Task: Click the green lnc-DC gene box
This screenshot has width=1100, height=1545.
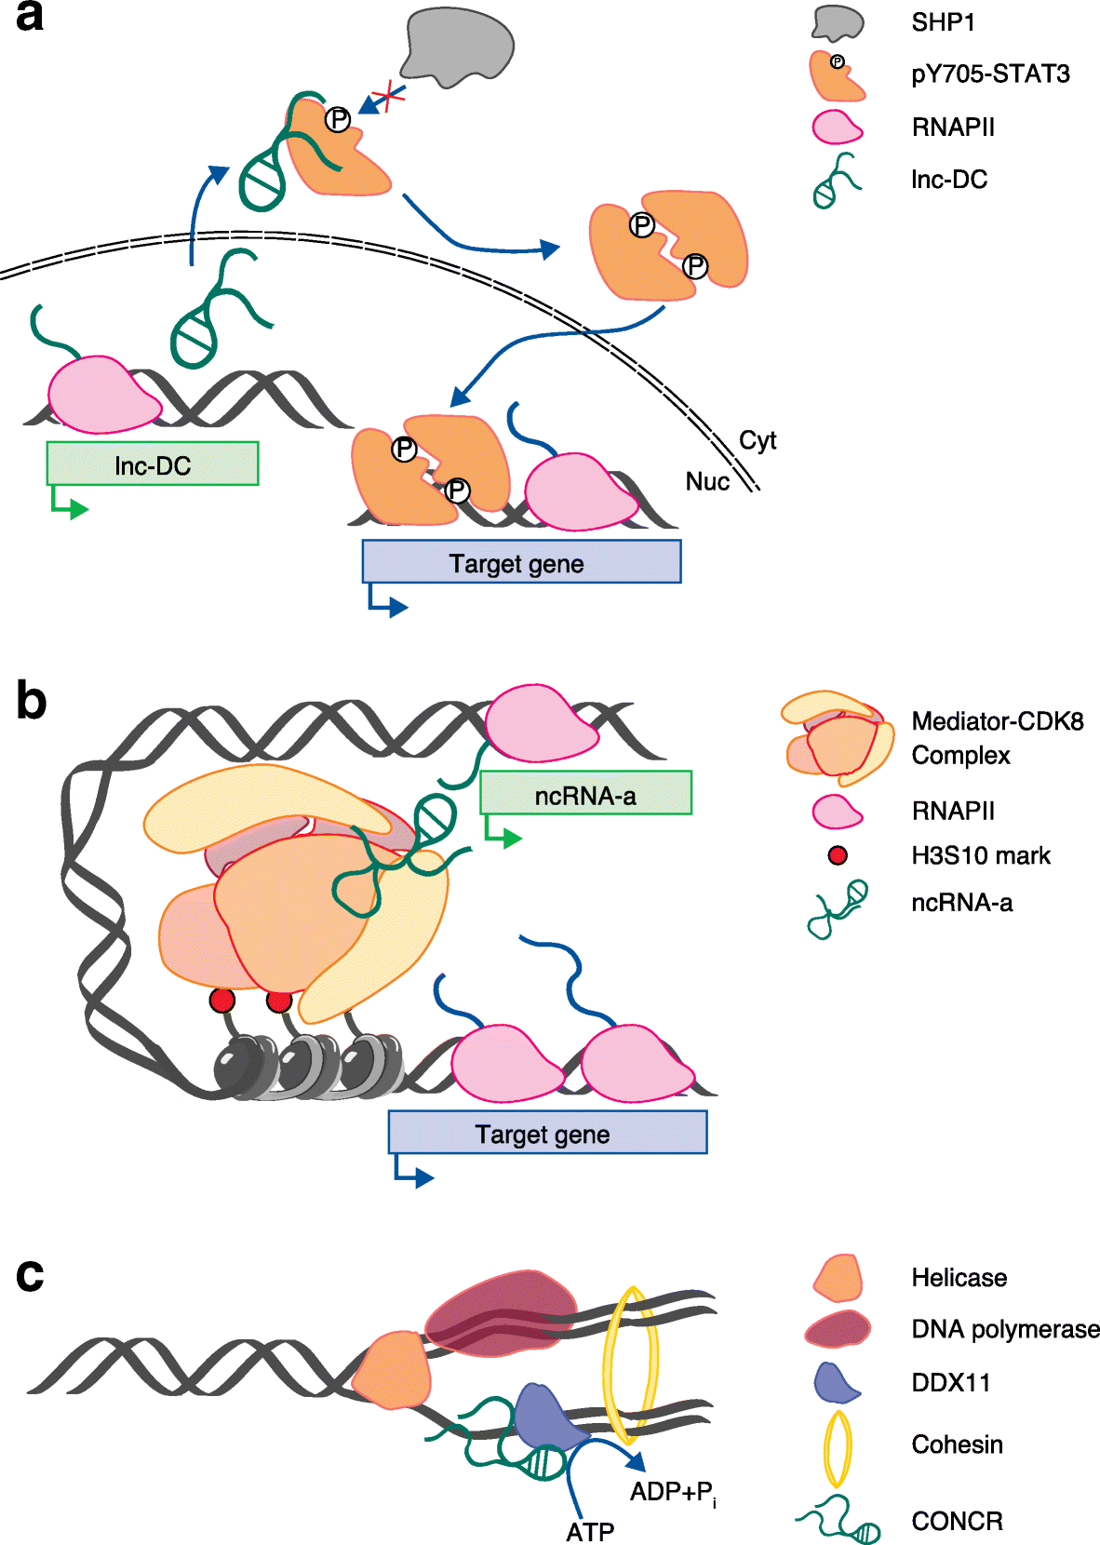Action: click(153, 463)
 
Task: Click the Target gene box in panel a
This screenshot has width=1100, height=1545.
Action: click(521, 562)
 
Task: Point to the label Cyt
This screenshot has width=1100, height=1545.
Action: click(757, 440)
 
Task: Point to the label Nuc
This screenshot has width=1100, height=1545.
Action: click(707, 481)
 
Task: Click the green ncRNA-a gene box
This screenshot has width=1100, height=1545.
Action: click(585, 794)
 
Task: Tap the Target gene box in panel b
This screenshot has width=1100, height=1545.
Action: click(547, 1133)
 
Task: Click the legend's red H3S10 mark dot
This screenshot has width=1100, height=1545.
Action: click(838, 855)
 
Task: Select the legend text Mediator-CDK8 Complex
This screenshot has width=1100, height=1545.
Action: click(996, 738)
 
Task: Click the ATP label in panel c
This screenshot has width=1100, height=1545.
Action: click(590, 1531)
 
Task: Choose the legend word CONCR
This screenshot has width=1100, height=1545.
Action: click(957, 1521)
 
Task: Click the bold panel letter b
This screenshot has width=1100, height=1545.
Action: click(31, 700)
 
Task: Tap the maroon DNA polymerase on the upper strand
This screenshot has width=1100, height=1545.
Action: click(503, 1312)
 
